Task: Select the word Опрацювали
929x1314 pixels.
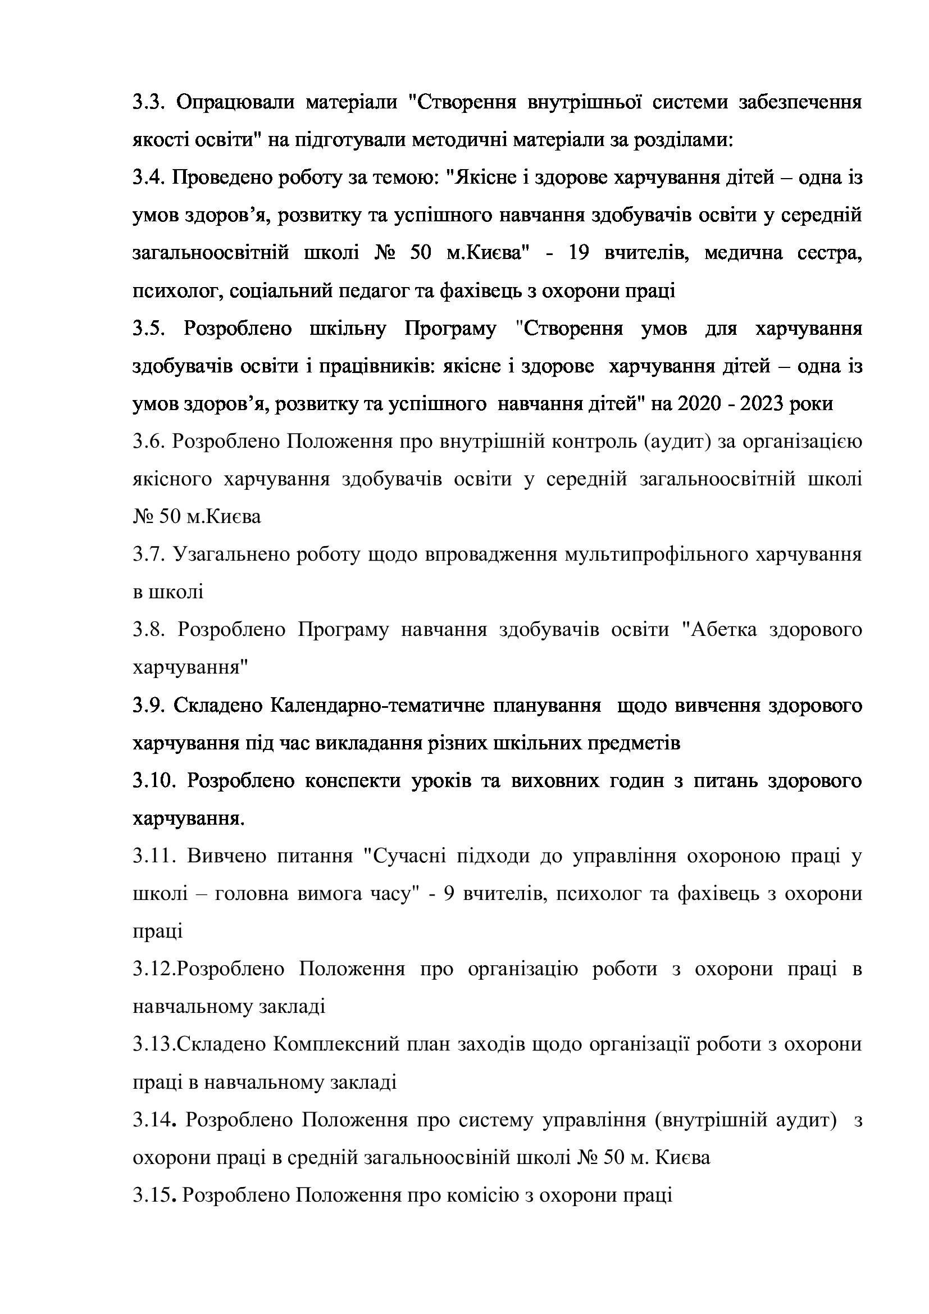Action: coord(235,103)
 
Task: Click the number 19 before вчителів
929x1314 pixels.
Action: coord(579,253)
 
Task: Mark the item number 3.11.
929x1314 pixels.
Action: coord(153,856)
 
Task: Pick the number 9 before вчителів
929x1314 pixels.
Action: coord(449,893)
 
